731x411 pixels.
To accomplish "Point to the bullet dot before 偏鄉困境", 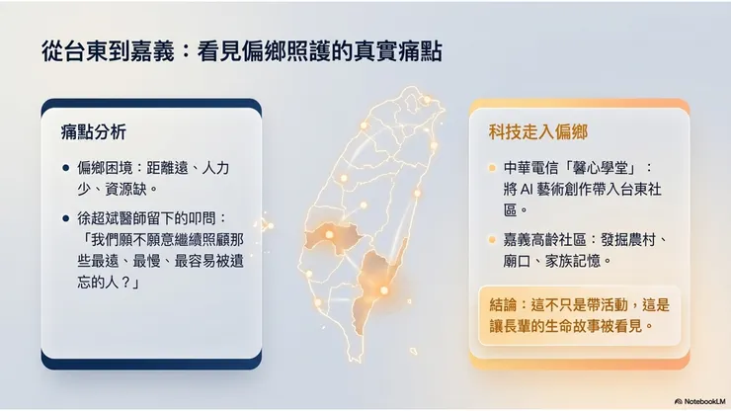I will coord(65,169).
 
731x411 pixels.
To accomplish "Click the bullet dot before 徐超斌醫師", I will coord(65,216).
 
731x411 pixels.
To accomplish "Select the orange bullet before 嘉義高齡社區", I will coord(492,240).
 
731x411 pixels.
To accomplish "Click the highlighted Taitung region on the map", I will coord(377,276).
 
